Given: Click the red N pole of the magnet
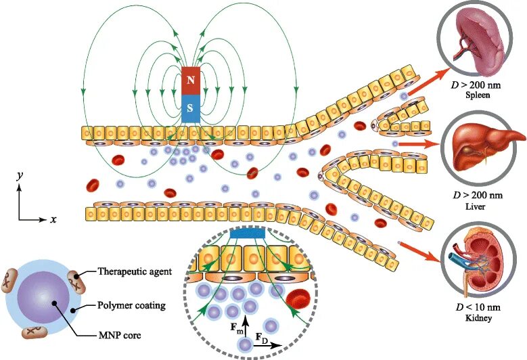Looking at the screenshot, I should tap(191, 80).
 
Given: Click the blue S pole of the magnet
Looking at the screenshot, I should tap(191, 108).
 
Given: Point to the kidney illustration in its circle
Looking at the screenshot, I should tap(480, 263).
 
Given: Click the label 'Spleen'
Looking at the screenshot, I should tap(481, 96).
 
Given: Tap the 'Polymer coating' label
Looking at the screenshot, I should tap(131, 305).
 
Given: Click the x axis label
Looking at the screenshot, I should tap(53, 220).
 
